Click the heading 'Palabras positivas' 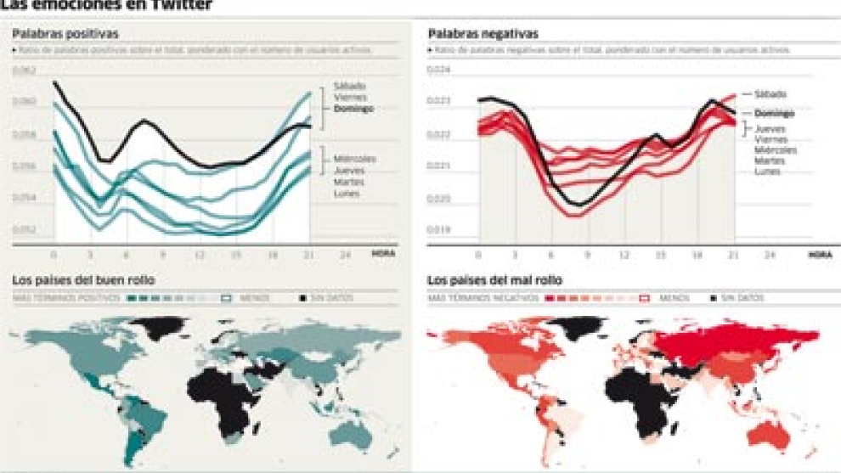(x=65, y=34)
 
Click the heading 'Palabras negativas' (x=483, y=34)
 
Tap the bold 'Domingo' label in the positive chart (x=353, y=110)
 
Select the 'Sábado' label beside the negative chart (x=770, y=94)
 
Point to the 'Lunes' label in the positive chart (x=347, y=194)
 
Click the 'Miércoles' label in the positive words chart (x=354, y=159)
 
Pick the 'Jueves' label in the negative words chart (x=770, y=129)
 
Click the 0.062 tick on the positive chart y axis (x=25, y=70)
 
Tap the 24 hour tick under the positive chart (x=344, y=254)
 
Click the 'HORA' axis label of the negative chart (x=820, y=254)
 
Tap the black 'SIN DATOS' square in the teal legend (x=302, y=298)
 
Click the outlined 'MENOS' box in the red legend (x=643, y=298)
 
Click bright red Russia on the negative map (x=731, y=343)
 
